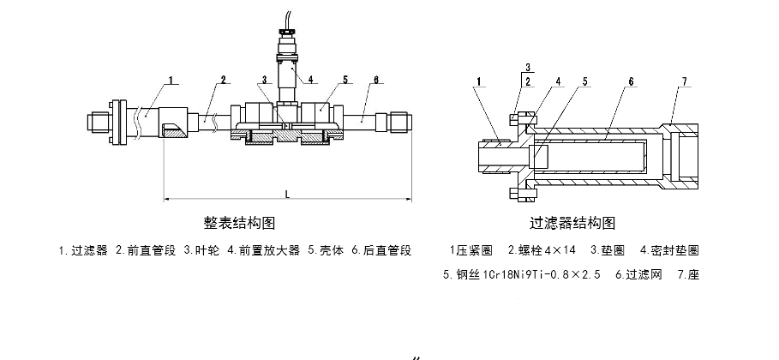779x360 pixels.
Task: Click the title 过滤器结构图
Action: (x=572, y=224)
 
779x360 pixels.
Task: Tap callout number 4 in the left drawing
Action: (x=310, y=81)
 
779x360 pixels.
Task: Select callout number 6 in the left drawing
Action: (x=375, y=81)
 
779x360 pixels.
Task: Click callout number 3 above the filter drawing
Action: (x=528, y=66)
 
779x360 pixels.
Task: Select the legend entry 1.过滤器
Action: (x=83, y=251)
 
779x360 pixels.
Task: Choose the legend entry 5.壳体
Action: (x=326, y=251)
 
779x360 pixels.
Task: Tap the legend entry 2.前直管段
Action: (x=146, y=251)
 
